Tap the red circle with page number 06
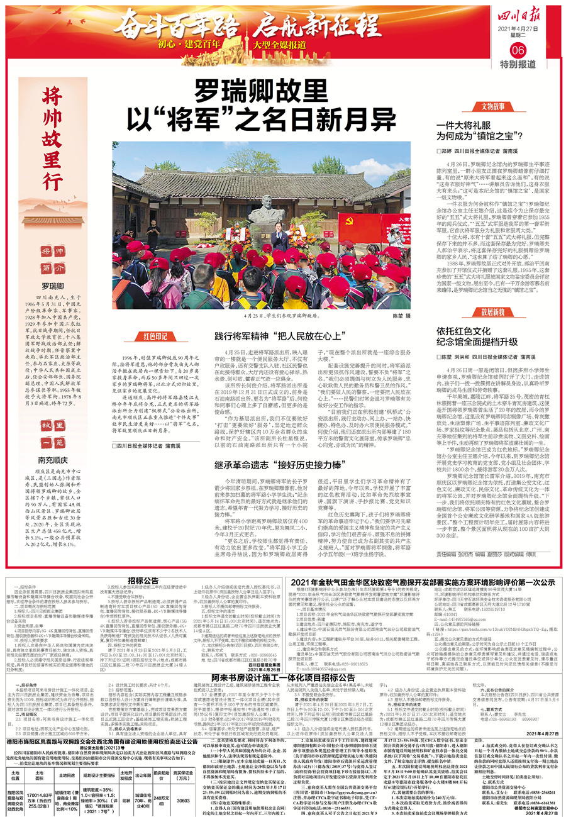point(518,50)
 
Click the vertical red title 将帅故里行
point(53,139)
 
